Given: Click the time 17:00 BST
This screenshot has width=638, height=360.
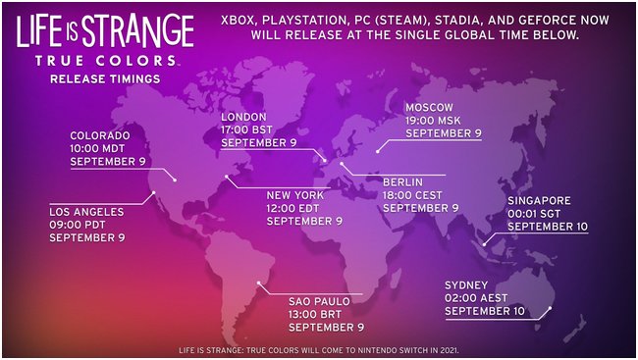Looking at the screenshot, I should (255, 129).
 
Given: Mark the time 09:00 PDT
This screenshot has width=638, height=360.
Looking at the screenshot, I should (84, 225).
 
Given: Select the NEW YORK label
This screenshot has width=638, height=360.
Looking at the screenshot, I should (294, 195).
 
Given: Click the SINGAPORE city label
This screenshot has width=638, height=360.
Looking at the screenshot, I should (540, 200).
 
